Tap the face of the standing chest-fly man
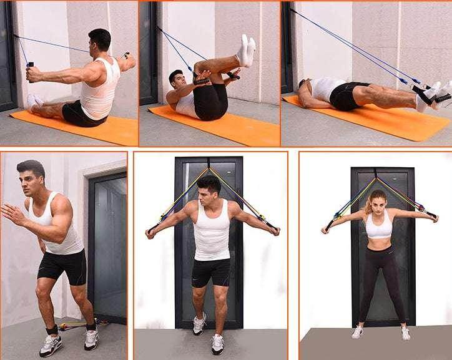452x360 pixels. pyautogui.click(x=209, y=193)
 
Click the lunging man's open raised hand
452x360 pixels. pyautogui.click(x=11, y=213)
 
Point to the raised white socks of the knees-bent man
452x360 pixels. pyautogui.click(x=246, y=50)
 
